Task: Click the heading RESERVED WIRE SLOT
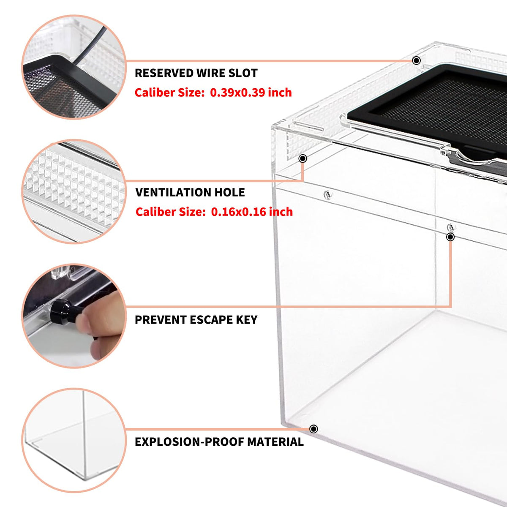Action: coord(196,73)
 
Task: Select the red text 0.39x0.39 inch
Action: coord(251,93)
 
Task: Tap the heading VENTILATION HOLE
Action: coord(190,192)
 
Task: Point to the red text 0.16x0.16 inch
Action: coord(252,212)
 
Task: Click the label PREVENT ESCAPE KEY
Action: coord(196,320)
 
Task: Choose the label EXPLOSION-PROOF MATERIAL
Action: coord(219,442)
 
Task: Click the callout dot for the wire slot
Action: coord(416,60)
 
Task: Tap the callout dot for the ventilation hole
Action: coord(303,158)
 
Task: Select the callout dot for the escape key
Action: coord(450,237)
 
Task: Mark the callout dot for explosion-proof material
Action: coord(313,429)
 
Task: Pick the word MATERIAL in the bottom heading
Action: coord(275,442)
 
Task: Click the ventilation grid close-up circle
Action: coord(74,191)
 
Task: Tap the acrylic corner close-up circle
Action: coord(74,440)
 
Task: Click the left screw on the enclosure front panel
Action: coord(327,195)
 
